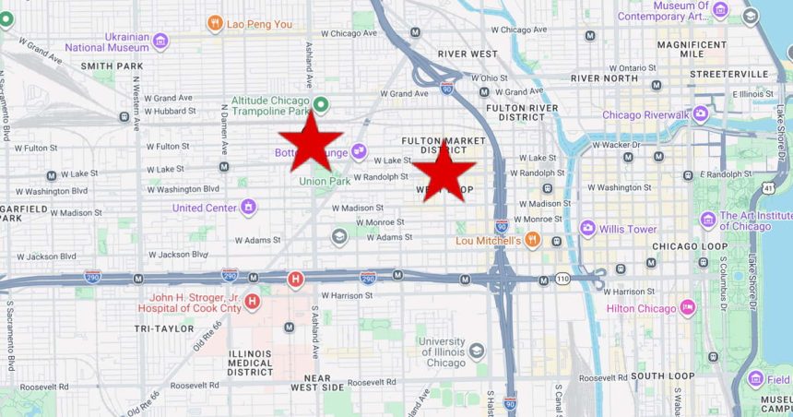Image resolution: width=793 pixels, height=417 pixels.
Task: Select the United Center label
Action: coord(205,208)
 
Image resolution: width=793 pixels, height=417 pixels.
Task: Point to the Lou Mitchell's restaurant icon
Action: coord(532,241)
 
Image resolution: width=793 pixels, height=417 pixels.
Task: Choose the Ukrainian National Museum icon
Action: coord(160,41)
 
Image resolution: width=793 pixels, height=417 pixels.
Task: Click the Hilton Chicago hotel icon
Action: coord(687,307)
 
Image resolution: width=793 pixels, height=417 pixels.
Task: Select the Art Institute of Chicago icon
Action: coord(707,220)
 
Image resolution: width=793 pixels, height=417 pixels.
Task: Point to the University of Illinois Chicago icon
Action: coord(476,350)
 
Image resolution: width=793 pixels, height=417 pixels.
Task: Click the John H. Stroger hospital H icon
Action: coord(252,301)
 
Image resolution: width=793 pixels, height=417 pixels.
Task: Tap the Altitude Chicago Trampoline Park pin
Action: coord(321,105)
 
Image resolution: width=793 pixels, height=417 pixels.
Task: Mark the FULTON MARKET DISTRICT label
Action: coord(437,145)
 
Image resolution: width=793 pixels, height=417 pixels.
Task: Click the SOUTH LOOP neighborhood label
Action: coord(662,375)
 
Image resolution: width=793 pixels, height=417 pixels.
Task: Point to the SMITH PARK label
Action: coord(112,66)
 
